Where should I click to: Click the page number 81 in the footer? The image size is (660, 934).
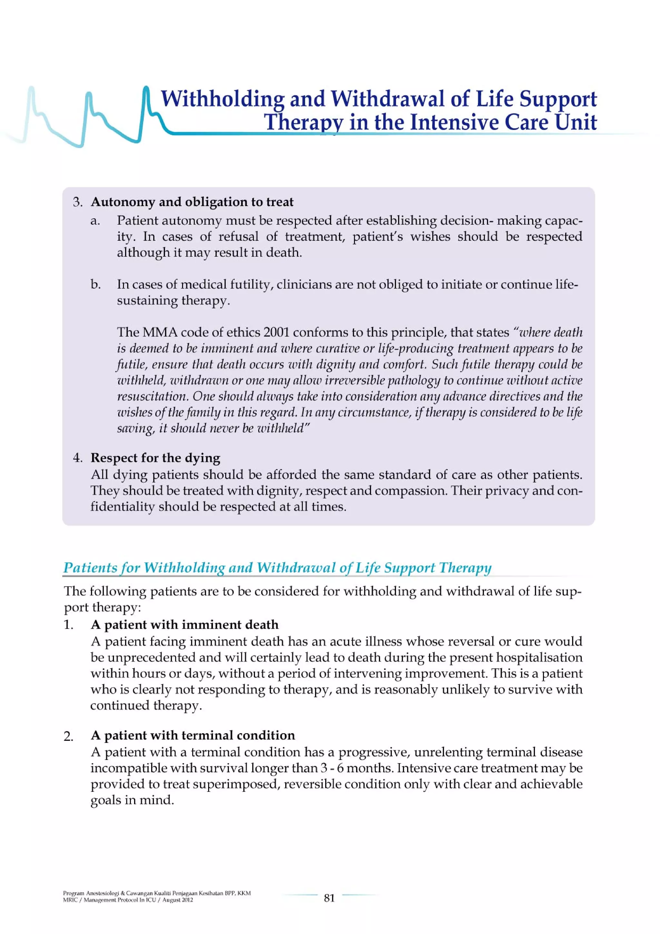329,898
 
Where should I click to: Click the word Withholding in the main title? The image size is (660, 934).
222,99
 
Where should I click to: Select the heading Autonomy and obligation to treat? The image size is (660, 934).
192,202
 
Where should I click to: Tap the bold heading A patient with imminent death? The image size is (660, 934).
185,624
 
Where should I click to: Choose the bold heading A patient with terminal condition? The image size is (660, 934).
193,735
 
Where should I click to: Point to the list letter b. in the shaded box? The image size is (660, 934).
96,284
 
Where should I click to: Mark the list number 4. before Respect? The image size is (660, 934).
78,458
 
